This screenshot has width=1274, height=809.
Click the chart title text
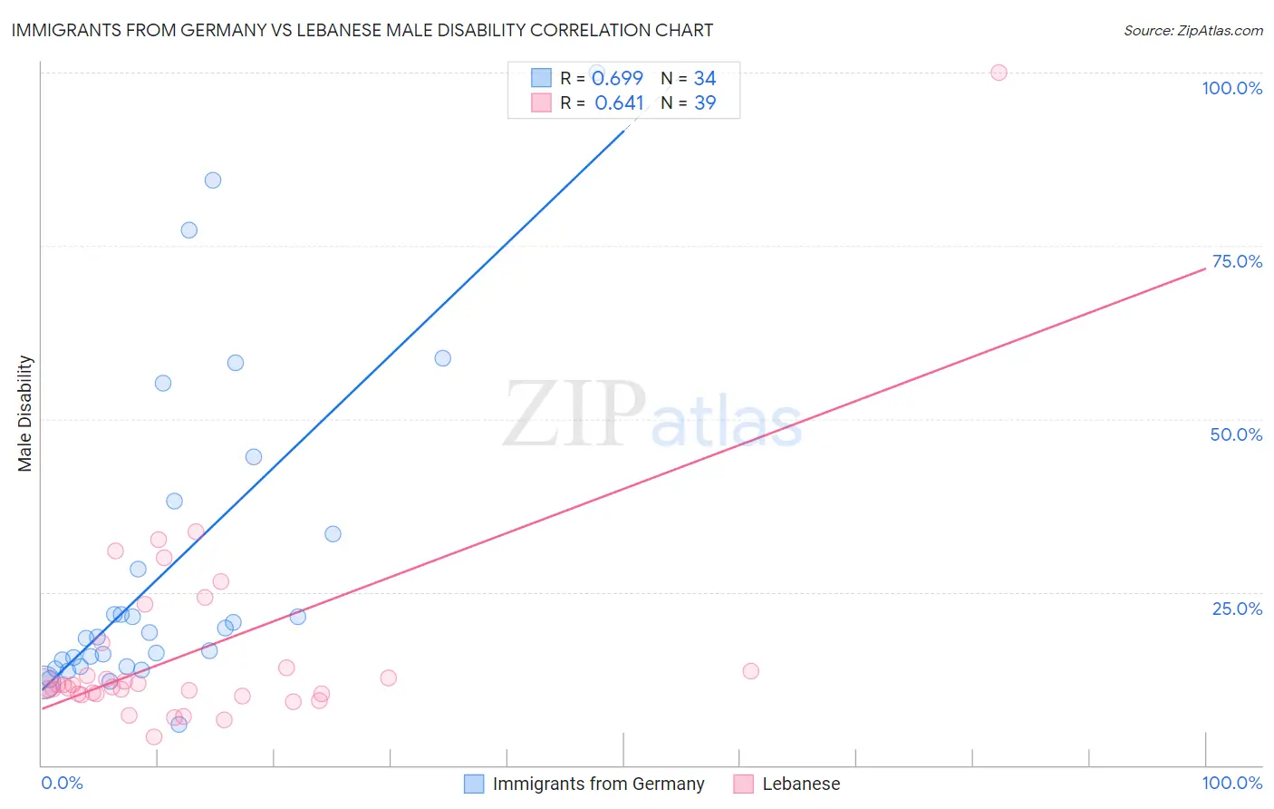362,31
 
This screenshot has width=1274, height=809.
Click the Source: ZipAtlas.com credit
1192,31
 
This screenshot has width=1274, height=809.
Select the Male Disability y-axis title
25,413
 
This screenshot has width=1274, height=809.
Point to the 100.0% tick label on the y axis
1231,88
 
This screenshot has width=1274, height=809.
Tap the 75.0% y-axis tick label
1237,261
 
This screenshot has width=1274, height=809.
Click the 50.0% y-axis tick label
1236,434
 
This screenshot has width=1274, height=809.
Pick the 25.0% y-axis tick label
1237,608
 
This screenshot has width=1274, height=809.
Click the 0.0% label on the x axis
62,783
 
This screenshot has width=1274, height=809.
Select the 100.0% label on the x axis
1231,783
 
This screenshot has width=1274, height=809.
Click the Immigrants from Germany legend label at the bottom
598,784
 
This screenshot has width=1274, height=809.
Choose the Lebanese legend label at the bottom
801,784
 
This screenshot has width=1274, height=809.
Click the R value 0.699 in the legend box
617,79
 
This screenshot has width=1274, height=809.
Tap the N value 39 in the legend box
705,103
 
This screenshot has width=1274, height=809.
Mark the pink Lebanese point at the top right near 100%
999,73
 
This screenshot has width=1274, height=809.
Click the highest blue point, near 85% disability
213,180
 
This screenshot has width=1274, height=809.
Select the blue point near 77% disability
188,229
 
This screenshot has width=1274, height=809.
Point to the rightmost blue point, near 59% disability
442,358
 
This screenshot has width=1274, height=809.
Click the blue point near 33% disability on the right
333,534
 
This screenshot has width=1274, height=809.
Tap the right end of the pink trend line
1205,268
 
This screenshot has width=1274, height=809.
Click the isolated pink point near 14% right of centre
750,671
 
